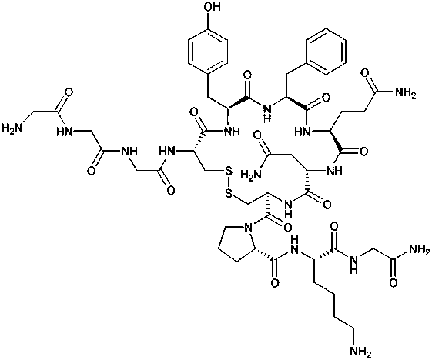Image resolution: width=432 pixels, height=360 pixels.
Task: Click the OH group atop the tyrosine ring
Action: coord(212,7)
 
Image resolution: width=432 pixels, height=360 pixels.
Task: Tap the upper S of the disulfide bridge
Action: coord(229,172)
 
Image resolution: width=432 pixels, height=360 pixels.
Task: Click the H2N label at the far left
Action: coord(12,128)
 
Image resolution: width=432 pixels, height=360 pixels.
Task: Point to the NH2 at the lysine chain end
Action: coord(360,351)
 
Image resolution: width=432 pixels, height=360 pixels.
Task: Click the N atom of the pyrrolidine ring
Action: coord(248,228)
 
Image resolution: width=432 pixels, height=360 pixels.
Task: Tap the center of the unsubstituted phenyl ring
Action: coord(327,51)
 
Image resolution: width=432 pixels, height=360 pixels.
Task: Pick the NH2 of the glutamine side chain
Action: coord(406,93)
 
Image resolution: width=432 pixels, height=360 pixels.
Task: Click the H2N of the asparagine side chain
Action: coord(251,175)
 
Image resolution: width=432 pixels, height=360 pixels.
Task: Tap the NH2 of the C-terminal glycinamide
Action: coord(420,250)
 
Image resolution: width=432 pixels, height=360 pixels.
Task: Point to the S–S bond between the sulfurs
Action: coord(229,184)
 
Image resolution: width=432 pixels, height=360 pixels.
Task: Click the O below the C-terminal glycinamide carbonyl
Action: coord(394,283)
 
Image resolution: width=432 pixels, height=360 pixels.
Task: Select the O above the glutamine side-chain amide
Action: coord(366,74)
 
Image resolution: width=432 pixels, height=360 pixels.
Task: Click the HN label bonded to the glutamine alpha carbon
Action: coord(303,132)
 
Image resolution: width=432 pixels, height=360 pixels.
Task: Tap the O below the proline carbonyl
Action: coord(276,283)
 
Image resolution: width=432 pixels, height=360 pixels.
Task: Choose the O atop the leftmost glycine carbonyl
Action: coord(69,92)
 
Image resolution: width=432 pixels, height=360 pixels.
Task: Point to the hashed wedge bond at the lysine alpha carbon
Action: coord(324,252)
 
